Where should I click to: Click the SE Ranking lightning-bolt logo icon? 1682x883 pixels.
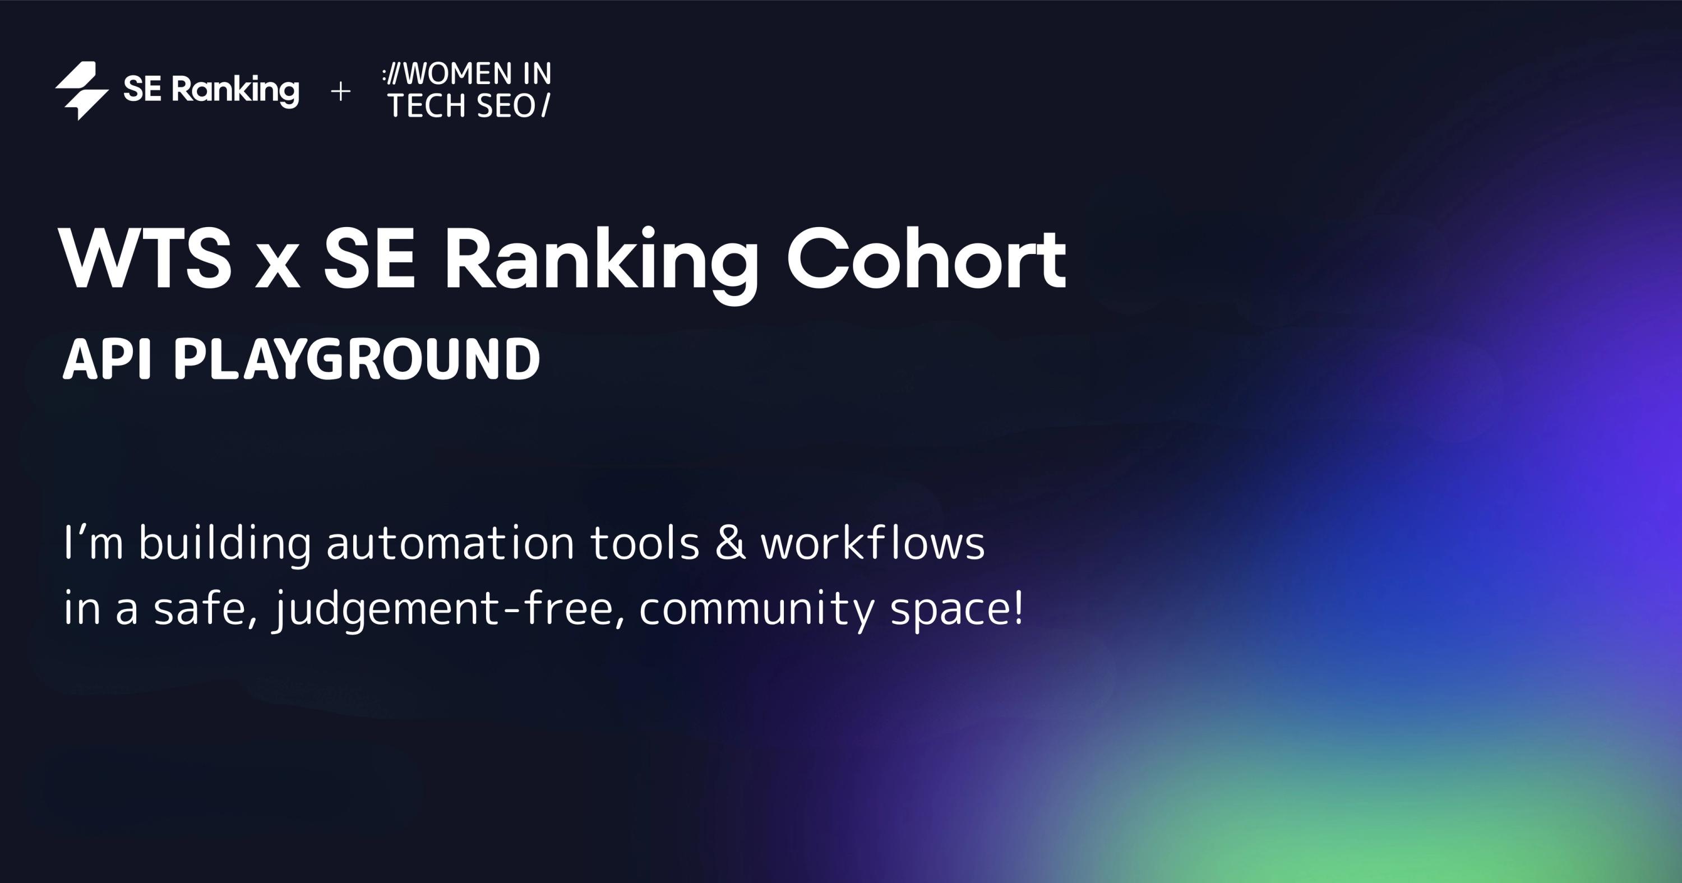pos(82,91)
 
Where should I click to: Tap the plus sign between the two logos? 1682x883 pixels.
pos(340,91)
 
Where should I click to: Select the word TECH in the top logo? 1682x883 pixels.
pos(428,106)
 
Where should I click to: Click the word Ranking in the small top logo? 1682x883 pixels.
pos(235,90)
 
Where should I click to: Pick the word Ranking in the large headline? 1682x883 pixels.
pos(600,265)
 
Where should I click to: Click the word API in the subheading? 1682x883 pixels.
pos(107,359)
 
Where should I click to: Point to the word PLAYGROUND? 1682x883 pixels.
pos(357,359)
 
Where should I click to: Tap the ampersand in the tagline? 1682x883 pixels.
pos(731,543)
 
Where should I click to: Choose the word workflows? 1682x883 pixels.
pos(873,542)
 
